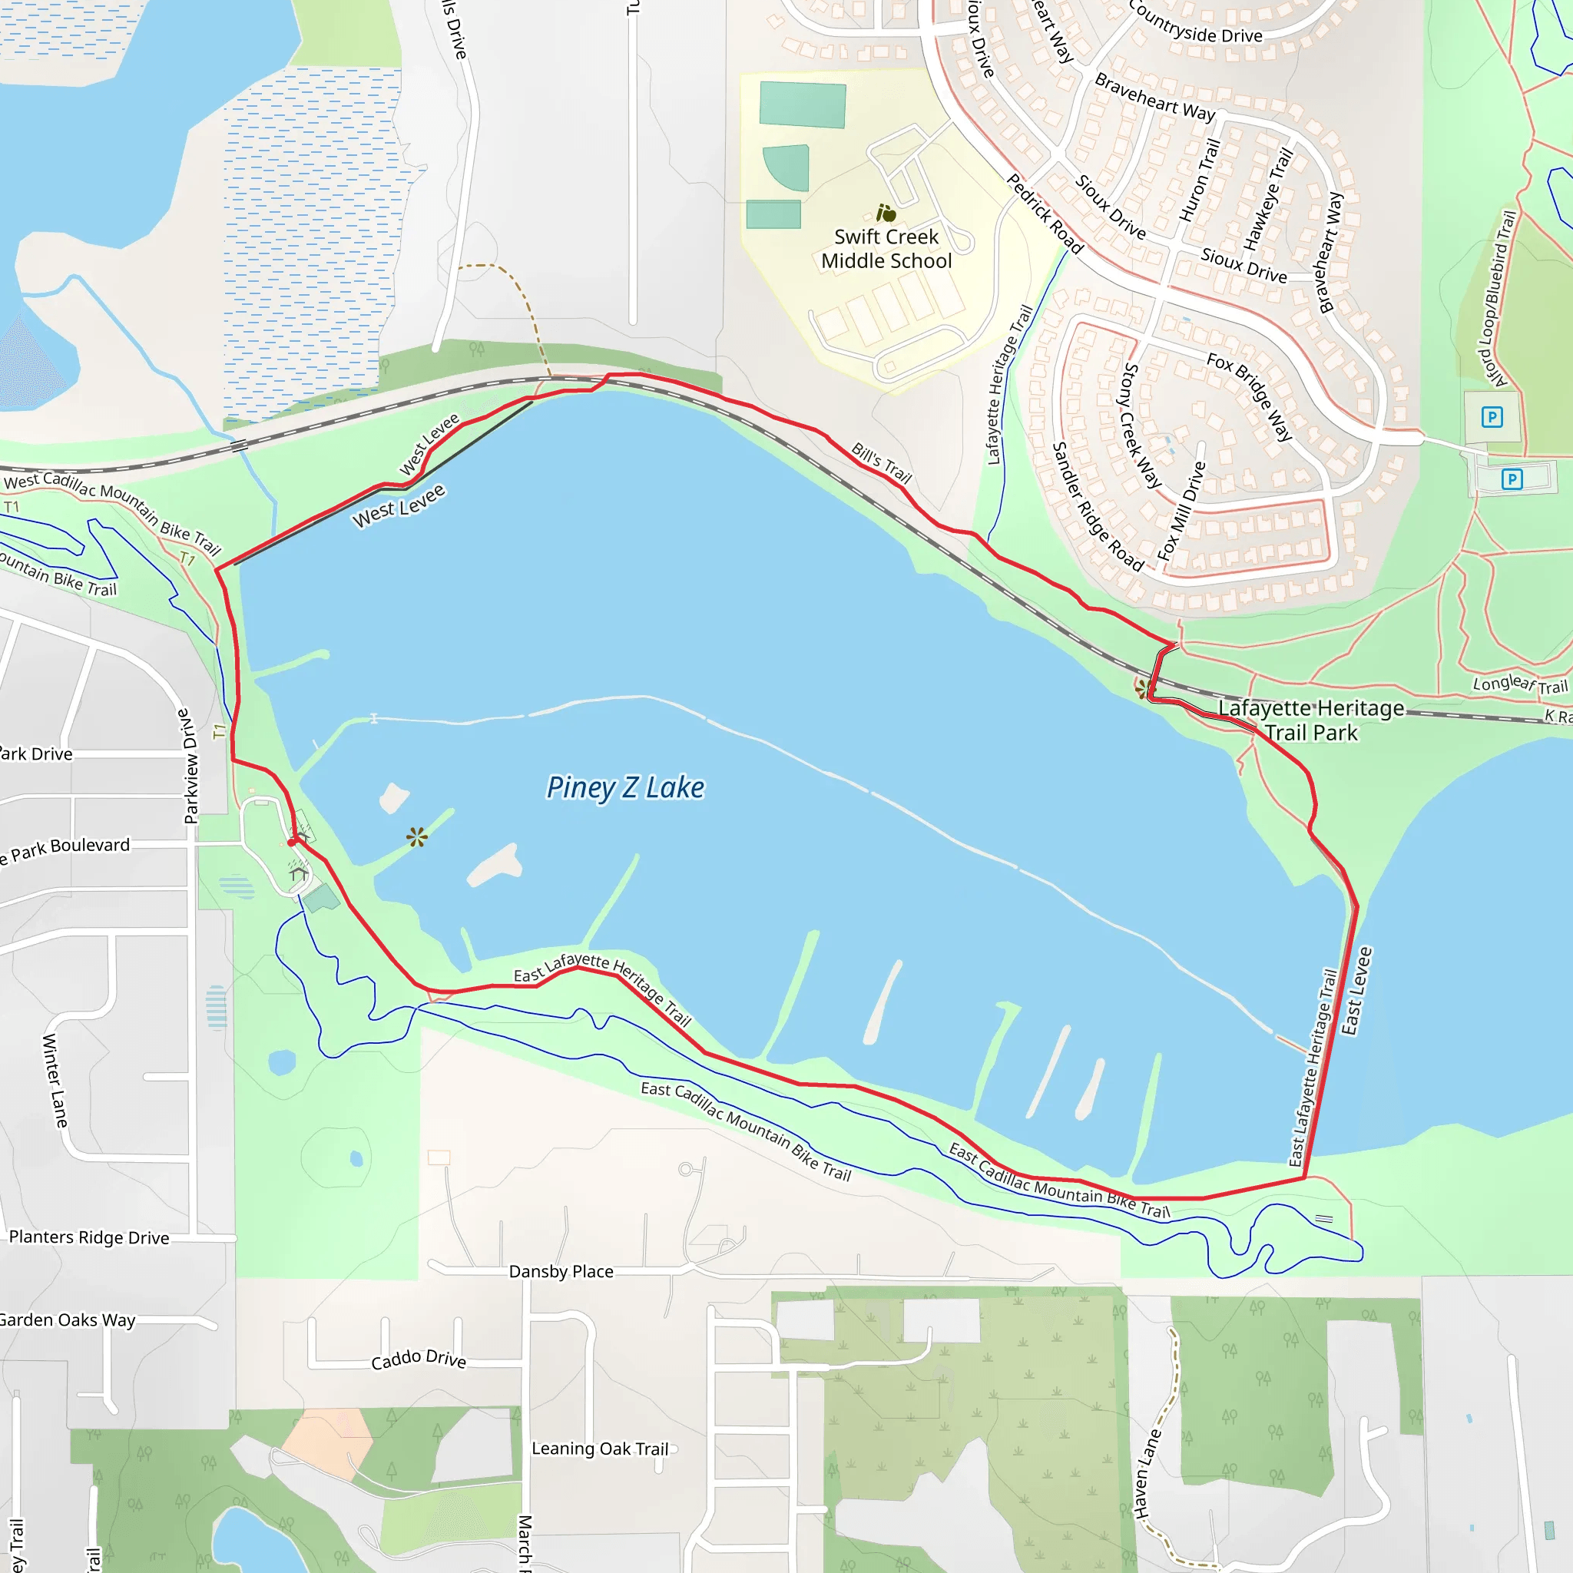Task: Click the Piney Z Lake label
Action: [625, 788]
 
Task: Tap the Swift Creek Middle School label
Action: [886, 249]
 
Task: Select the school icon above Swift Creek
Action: [886, 214]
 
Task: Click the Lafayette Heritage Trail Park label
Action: [1311, 720]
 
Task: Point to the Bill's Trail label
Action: [881, 462]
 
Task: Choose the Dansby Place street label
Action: [561, 1272]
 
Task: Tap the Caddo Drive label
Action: [419, 1359]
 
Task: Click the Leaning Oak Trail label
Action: [600, 1449]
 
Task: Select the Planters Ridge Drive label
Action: [89, 1237]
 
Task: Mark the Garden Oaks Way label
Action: [67, 1320]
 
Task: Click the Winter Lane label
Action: [55, 1081]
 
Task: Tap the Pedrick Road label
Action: [1045, 214]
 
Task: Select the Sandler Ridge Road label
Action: [1098, 506]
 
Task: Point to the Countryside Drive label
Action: [1195, 24]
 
